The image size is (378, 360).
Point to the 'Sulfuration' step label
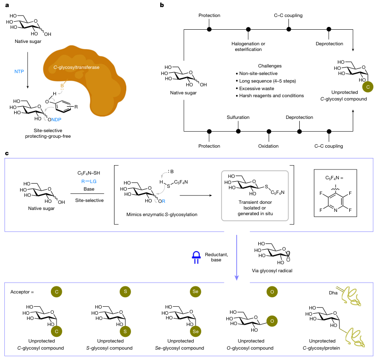coord(238,117)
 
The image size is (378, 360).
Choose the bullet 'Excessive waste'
coord(257,88)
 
